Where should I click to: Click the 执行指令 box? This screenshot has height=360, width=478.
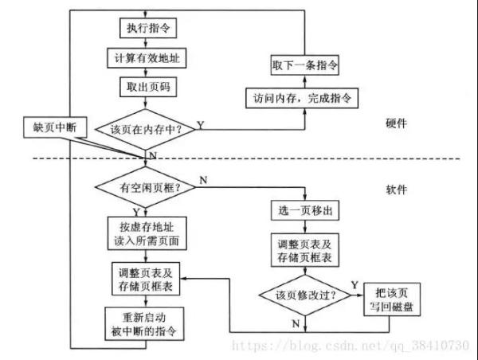click(143, 29)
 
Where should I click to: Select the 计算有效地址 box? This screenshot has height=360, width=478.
click(143, 58)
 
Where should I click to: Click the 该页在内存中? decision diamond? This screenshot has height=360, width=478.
click(144, 127)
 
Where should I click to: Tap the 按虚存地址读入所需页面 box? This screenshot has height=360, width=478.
click(144, 230)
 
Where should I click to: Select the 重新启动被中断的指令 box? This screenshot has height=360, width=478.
click(144, 323)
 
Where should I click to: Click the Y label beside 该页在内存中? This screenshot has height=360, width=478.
click(200, 124)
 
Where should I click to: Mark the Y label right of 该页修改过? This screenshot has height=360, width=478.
click(354, 284)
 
